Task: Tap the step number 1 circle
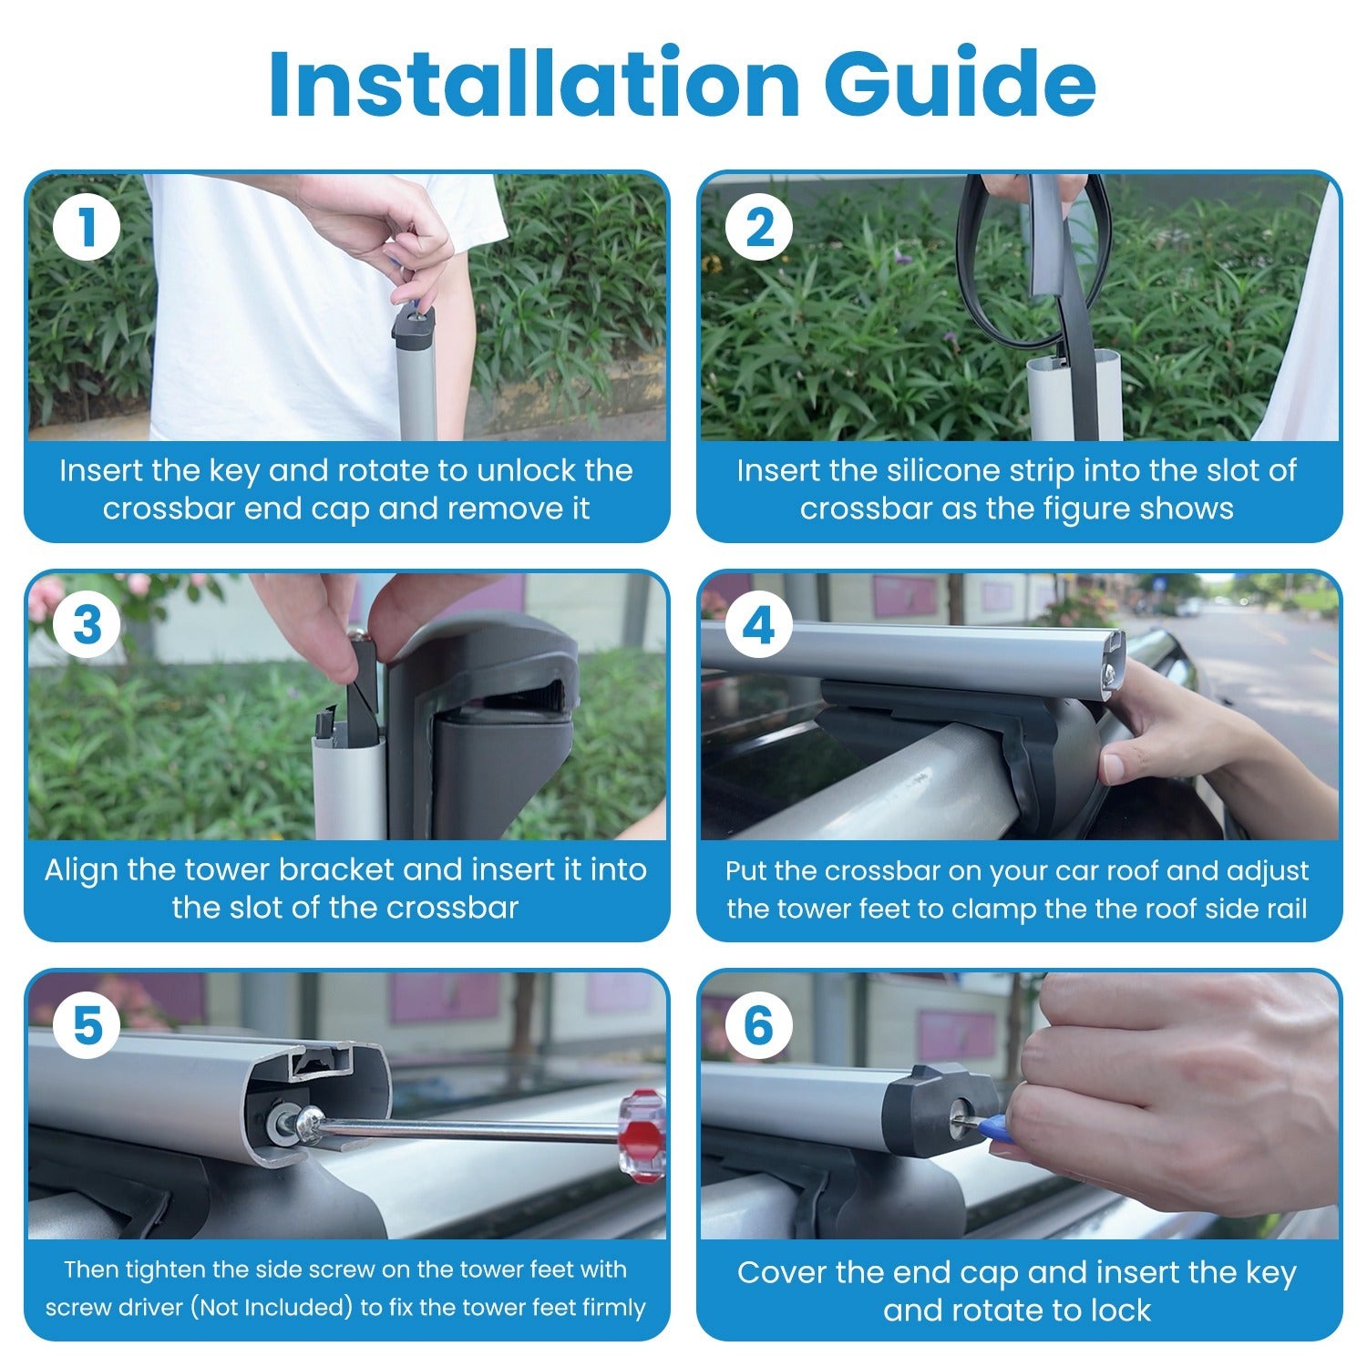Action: point(87,228)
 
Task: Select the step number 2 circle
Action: point(759,228)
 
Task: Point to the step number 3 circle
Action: point(87,627)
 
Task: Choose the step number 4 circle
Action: point(759,627)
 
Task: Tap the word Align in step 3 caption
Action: point(82,871)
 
